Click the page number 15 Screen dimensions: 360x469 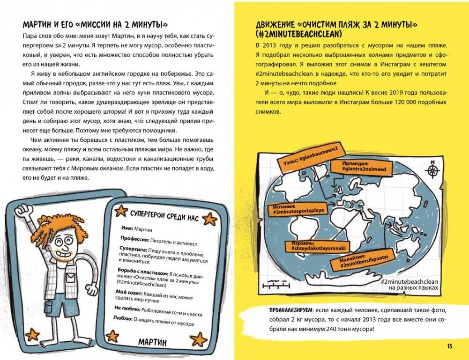[x=449, y=346]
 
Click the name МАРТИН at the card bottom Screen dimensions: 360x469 [x=152, y=342]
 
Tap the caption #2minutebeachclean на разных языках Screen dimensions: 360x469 [x=409, y=285]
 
